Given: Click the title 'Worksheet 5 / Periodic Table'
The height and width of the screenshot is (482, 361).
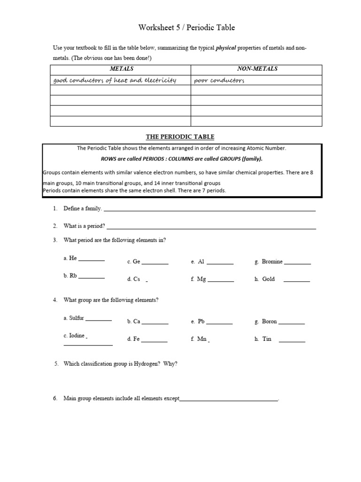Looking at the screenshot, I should (187, 28).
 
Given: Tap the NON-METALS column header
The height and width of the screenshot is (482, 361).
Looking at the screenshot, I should (257, 69).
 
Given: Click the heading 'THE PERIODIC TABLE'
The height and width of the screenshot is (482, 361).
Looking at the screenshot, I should (180, 137).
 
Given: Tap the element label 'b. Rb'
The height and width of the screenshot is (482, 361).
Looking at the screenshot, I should (70, 276).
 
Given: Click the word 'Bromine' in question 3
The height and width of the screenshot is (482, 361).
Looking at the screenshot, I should (272, 261).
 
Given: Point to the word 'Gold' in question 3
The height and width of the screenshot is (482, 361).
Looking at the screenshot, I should (268, 279).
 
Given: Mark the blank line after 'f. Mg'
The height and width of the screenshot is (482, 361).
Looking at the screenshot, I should (220, 281).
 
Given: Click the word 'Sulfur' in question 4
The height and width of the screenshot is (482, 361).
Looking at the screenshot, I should (76, 318).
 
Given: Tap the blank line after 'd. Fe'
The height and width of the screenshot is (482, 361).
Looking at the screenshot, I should (154, 341).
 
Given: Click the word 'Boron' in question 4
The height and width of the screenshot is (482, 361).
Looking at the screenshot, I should (269, 321).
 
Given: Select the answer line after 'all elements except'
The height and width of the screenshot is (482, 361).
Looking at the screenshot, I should (229, 401).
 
